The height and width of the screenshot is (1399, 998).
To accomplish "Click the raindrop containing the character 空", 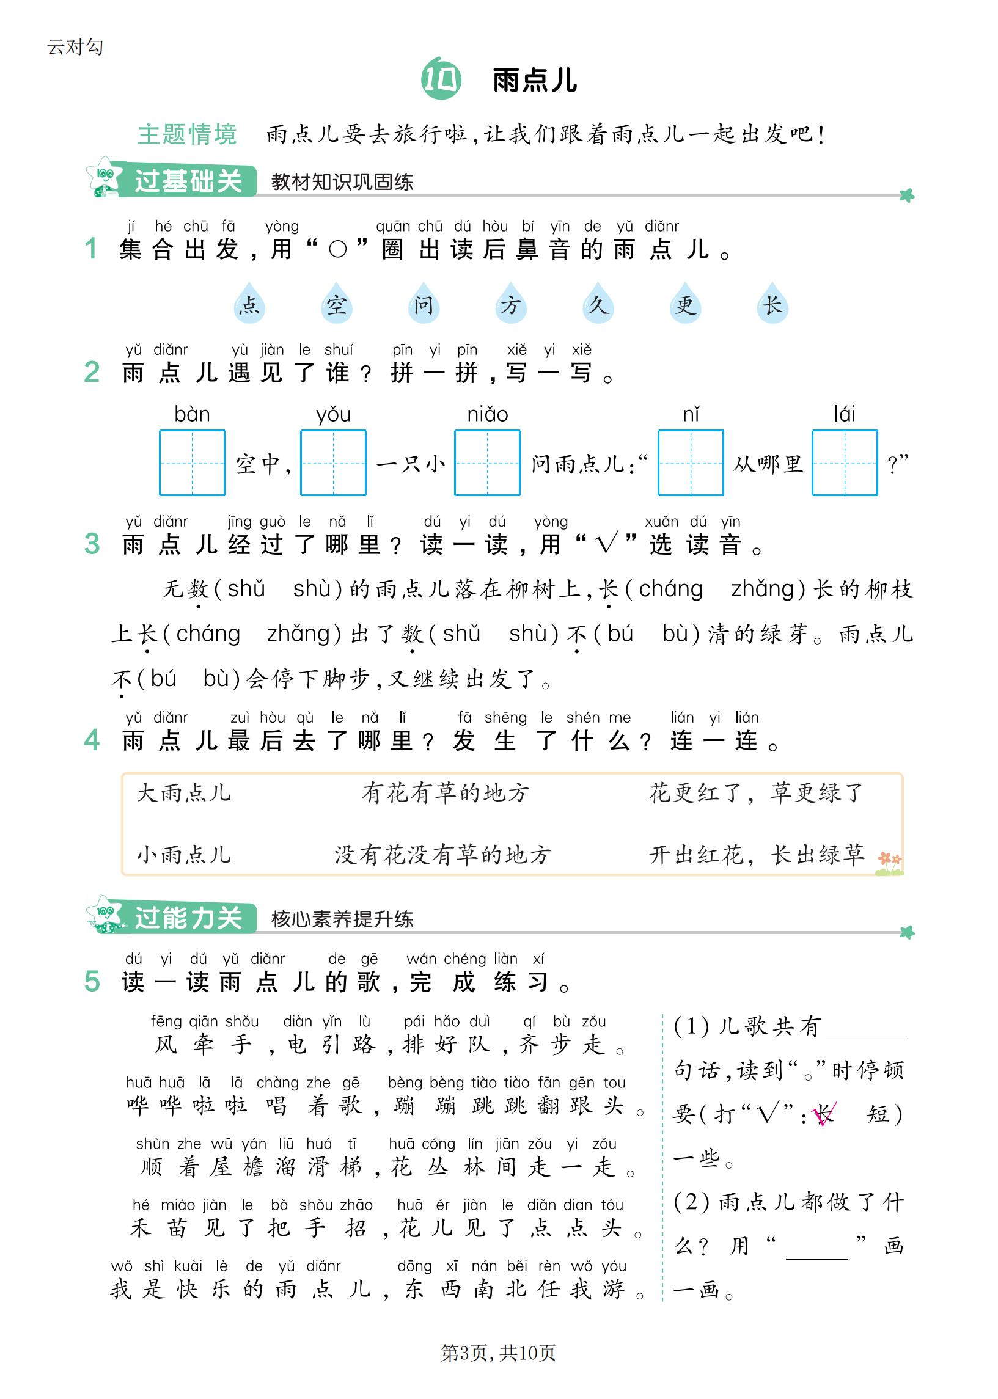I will pos(336,304).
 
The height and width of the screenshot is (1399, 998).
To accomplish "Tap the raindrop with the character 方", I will pos(511,304).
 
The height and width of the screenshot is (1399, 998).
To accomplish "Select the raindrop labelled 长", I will pos(772,304).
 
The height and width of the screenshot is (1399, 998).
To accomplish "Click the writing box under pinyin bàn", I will pos(192,462).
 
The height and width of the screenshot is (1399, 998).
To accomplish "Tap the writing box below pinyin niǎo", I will pos(486,462).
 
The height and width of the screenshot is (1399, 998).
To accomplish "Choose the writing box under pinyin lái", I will pos(845,462).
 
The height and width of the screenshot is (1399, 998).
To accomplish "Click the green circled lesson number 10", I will pos(441,79).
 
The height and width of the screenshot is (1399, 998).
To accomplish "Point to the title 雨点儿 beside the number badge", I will pos(535,81).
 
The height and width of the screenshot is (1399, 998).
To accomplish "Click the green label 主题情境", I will pos(187,134).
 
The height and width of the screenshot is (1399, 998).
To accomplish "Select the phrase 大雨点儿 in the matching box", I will pos(184,793).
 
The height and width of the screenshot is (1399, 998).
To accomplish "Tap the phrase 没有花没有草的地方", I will pos(442,854).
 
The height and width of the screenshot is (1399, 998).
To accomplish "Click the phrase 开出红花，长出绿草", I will pos(757,854).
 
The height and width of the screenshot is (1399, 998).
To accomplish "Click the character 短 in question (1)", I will pos(878,1114).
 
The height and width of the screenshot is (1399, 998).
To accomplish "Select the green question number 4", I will pos(92,740).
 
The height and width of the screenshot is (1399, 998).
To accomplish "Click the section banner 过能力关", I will pos(188,918).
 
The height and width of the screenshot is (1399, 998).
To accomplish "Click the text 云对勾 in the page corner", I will pos(75,46).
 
